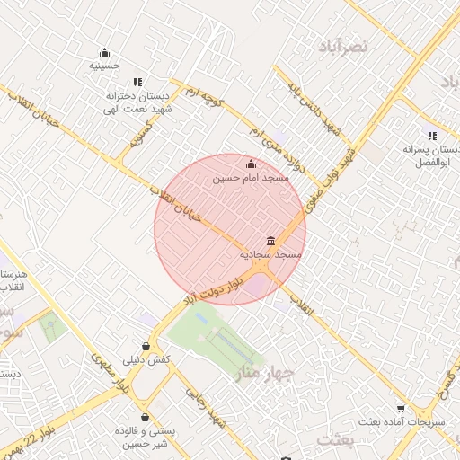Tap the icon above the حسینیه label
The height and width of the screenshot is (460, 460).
(x=105, y=51)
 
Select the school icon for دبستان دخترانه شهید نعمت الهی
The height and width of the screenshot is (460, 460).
(x=137, y=82)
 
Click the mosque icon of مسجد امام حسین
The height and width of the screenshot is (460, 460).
(x=251, y=164)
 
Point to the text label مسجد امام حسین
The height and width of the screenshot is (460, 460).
(x=251, y=179)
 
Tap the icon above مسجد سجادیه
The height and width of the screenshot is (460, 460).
(x=270, y=241)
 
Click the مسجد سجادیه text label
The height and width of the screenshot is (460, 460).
(x=270, y=255)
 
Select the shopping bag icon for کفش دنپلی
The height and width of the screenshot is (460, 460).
(x=146, y=346)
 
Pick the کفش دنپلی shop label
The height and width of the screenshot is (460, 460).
(x=146, y=359)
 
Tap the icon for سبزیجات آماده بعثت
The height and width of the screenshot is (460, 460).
(x=413, y=407)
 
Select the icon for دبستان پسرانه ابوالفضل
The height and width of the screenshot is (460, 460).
(x=432, y=136)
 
